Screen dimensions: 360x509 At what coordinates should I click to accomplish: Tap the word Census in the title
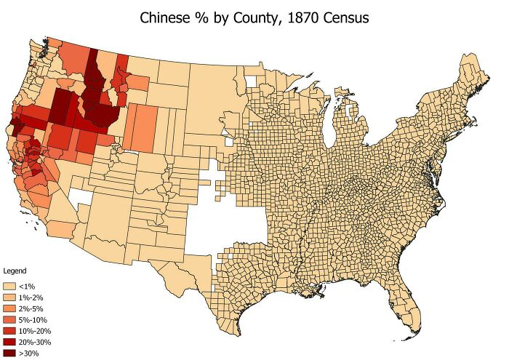pyautogui.click(x=345, y=17)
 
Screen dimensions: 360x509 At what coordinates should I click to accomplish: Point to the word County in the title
pyautogui.click(x=260, y=17)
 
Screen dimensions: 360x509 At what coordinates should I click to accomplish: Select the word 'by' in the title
pyautogui.click(x=228, y=17)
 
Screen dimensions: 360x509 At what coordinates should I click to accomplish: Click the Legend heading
pyautogui.click(x=15, y=271)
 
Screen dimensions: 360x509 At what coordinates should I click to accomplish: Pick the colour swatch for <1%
pyautogui.click(x=11, y=287)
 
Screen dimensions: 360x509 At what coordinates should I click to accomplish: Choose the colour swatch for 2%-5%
pyautogui.click(x=11, y=309)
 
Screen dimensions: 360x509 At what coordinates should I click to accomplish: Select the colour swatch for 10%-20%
pyautogui.click(x=11, y=331)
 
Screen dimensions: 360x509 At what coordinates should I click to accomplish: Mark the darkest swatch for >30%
pyautogui.click(x=11, y=353)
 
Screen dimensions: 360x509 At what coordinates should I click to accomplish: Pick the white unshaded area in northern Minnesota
pyautogui.click(x=252, y=81)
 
